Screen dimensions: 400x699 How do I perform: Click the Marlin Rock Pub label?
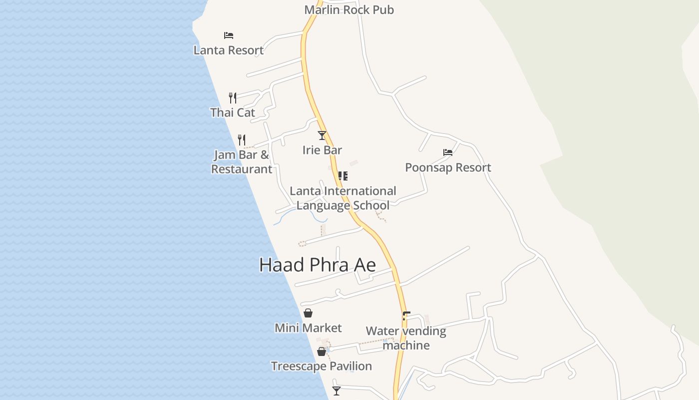point(349,9)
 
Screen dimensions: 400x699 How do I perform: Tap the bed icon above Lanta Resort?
point(229,35)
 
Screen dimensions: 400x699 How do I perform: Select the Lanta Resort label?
point(229,50)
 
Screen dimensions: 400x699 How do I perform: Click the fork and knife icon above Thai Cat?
point(233,97)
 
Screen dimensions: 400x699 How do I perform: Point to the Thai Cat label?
point(233,112)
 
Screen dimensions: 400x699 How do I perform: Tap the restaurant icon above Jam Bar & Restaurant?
point(242,139)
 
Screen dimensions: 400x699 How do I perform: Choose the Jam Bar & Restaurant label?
point(242,161)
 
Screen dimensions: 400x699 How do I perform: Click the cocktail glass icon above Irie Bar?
point(322,135)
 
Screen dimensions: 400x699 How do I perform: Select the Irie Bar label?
point(322,150)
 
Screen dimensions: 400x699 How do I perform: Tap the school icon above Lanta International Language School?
point(343,176)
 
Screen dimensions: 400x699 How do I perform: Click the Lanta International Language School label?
point(343,198)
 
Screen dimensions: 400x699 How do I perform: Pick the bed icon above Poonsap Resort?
point(448,152)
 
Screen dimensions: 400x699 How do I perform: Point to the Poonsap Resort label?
point(448,167)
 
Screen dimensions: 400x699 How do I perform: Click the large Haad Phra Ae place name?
point(318,265)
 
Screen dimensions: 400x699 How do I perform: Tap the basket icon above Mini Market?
point(308,313)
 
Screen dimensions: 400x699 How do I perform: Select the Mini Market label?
point(308,328)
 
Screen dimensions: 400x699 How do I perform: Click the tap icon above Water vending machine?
point(406,315)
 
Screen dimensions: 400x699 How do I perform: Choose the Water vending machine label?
point(406,338)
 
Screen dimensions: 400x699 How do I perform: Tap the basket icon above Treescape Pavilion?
point(322,351)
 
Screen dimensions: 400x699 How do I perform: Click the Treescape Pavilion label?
point(322,366)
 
